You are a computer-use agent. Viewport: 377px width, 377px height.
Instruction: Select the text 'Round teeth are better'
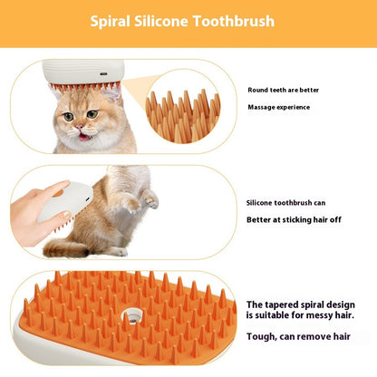click(282, 90)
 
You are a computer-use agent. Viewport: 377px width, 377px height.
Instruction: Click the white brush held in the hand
click(67, 202)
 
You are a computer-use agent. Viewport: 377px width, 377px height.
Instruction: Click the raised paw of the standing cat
click(150, 200)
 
